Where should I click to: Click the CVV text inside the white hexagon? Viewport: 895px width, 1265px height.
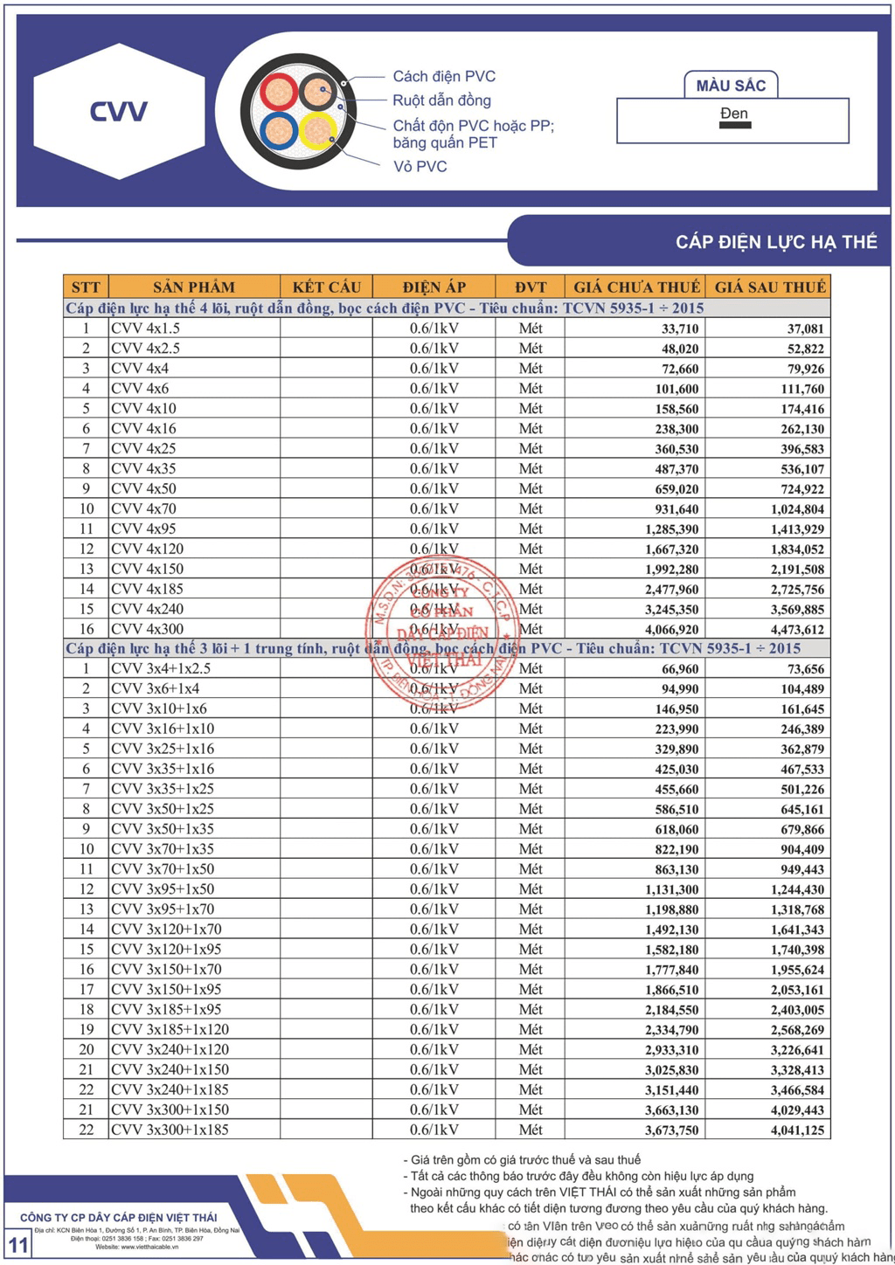[x=119, y=112]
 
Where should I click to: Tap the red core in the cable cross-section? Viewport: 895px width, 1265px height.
[x=279, y=91]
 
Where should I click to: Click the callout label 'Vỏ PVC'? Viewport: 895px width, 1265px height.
[x=420, y=166]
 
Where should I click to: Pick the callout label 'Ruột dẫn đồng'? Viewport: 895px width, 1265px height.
[x=441, y=100]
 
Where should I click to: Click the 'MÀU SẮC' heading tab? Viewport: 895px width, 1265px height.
[x=731, y=86]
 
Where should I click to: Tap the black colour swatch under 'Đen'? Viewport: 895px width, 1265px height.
[x=735, y=126]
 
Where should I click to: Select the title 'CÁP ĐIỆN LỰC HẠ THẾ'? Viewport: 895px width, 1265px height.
[x=776, y=242]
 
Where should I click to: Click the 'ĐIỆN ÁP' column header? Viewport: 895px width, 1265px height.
[x=434, y=287]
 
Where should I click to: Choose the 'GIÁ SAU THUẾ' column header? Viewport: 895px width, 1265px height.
[x=770, y=287]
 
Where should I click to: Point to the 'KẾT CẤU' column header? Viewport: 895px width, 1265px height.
[x=326, y=287]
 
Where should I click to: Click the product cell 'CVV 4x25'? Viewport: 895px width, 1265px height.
[x=143, y=448]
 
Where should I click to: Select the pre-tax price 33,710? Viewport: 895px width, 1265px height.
[x=680, y=328]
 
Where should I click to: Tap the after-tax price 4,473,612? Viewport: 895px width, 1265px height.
[x=797, y=630]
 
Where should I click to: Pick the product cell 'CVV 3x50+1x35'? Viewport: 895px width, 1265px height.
[x=163, y=828]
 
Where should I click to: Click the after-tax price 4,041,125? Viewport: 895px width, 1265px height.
[x=797, y=1130]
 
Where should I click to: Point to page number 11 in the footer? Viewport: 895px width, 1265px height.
[x=18, y=1244]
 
